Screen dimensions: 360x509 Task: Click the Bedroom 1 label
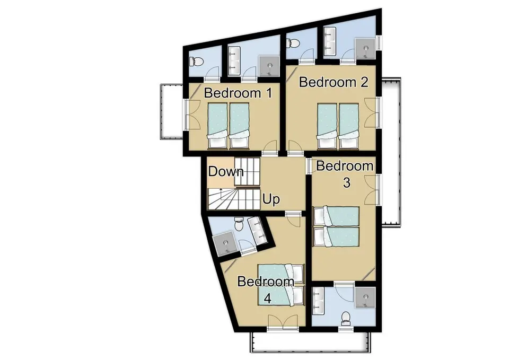point(238,93)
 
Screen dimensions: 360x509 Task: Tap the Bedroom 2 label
point(334,82)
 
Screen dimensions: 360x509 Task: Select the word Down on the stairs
point(225,172)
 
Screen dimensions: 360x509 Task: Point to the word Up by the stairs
point(271,200)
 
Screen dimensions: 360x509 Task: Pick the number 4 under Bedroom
point(268,298)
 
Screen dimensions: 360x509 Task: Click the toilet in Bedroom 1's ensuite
point(196,62)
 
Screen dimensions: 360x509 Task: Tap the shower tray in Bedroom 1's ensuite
point(269,66)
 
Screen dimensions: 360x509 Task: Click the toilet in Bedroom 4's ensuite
point(239,226)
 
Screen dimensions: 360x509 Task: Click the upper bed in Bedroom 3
point(336,216)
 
